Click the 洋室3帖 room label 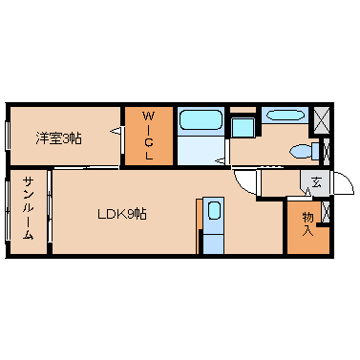(x=58, y=138)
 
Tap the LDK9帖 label (x=122, y=214)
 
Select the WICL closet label (x=148, y=136)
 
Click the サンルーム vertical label (x=28, y=208)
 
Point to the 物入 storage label (x=307, y=224)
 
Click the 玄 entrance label (x=316, y=182)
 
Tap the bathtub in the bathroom (x=201, y=120)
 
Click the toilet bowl (x=302, y=151)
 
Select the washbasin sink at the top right (x=285, y=115)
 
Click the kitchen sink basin (x=214, y=211)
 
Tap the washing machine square (x=243, y=128)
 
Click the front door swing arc (x=344, y=182)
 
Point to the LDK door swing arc (x=244, y=183)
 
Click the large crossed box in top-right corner (x=322, y=120)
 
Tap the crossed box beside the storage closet (x=326, y=212)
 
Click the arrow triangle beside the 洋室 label (x=116, y=131)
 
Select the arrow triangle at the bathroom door (x=220, y=161)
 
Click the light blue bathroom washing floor (x=201, y=150)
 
